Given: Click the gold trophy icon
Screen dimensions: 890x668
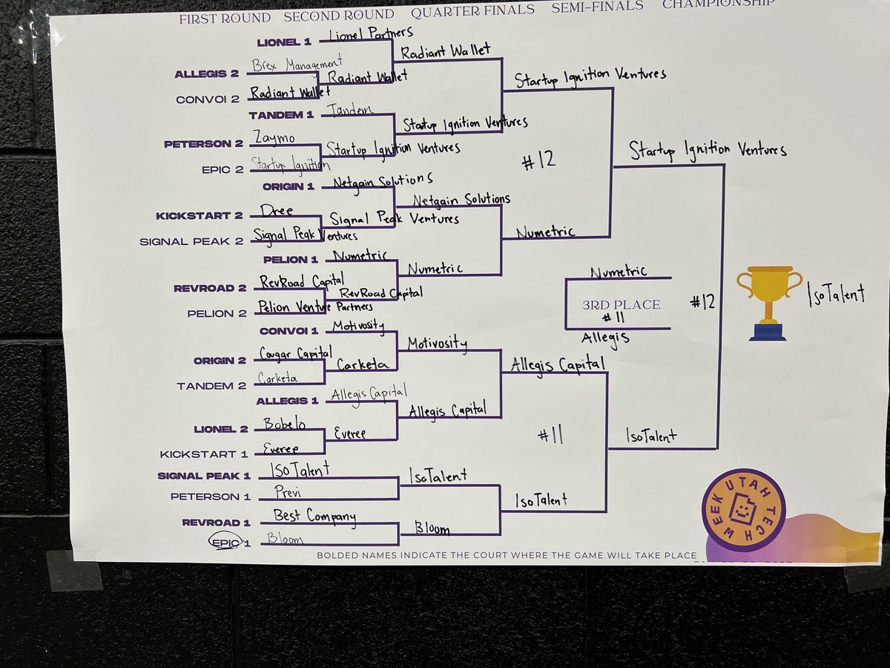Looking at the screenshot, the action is [769, 302].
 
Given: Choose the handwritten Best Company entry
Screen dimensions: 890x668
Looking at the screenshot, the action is [314, 515].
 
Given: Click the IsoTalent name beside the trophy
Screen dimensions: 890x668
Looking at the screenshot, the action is [836, 295].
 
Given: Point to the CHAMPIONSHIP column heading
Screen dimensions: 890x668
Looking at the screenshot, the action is [718, 4].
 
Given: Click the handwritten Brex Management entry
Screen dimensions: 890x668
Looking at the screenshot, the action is [296, 64].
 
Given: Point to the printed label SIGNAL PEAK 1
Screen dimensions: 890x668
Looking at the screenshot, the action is [204, 476].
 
